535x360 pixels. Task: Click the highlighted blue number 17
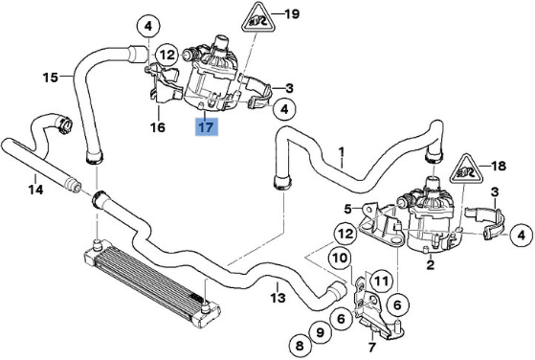point(207,126)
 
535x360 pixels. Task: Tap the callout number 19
point(291,14)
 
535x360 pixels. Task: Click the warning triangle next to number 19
point(254,18)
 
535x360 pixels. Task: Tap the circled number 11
point(379,281)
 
